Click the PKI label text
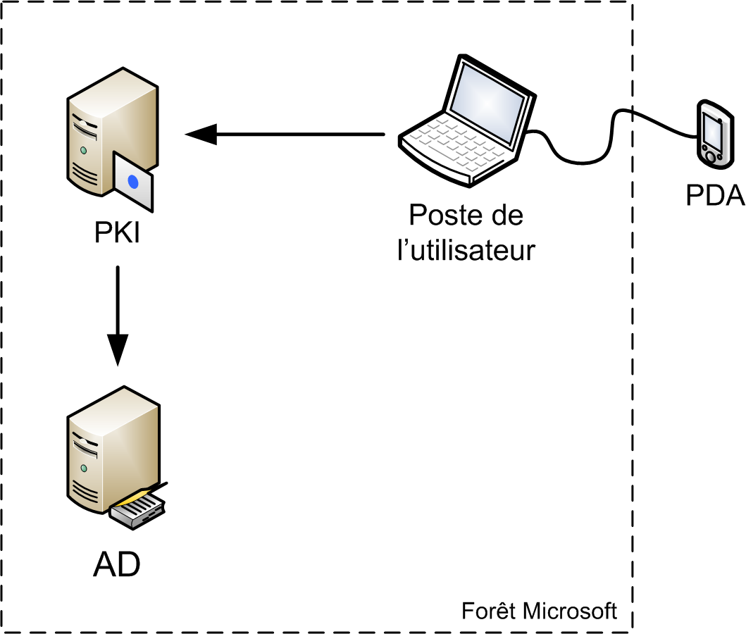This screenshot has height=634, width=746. click(118, 233)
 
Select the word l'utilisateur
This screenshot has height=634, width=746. click(466, 250)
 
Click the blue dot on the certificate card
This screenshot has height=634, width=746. click(133, 182)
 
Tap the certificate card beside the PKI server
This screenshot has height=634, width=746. click(133, 182)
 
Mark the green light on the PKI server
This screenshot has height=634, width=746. click(84, 150)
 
